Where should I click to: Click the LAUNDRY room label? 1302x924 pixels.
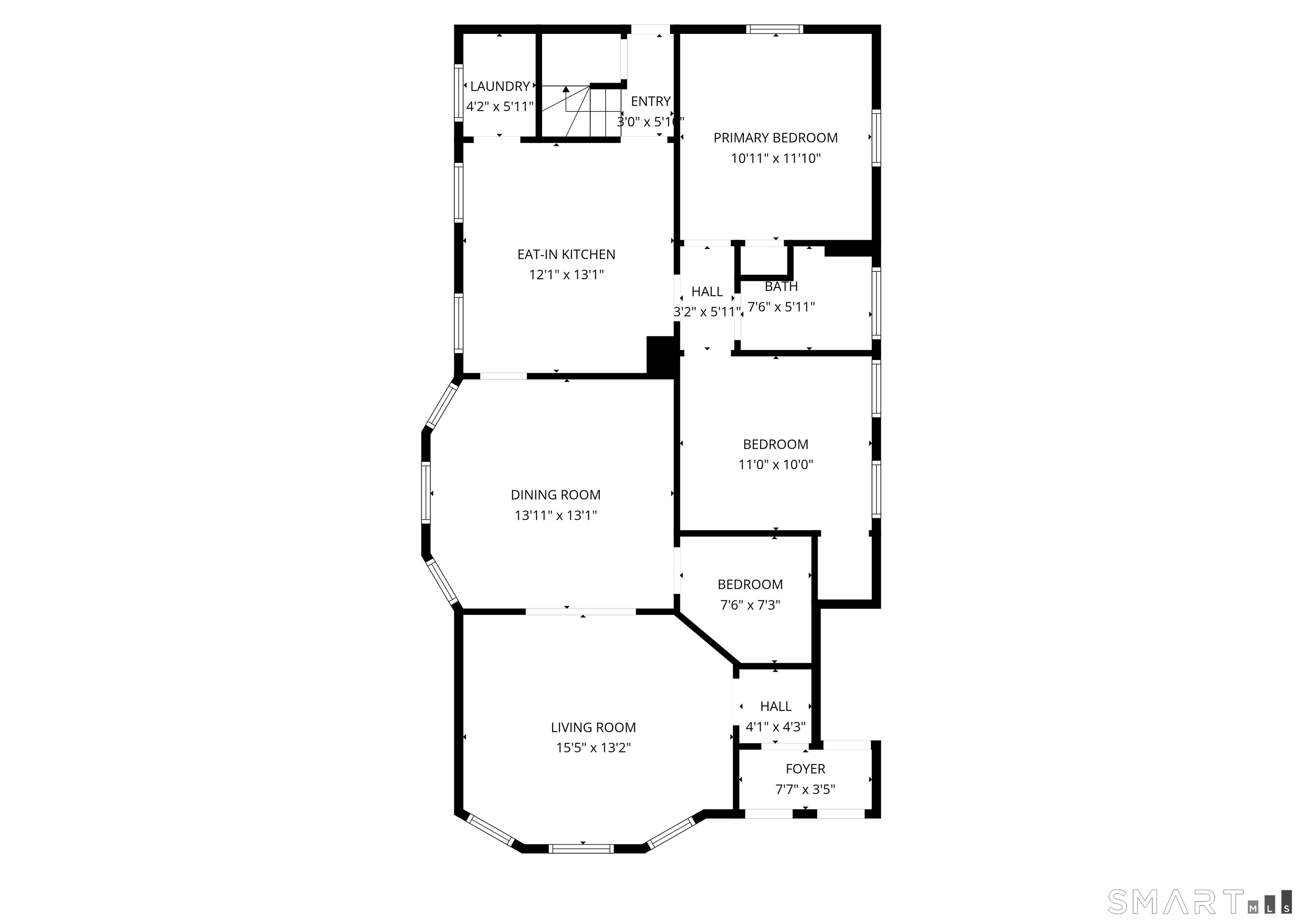(500, 87)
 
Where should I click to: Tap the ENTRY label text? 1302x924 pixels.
(651, 101)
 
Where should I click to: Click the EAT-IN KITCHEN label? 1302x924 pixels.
(566, 254)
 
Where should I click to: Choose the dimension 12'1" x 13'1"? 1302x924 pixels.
(566, 275)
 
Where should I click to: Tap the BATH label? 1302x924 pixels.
(781, 287)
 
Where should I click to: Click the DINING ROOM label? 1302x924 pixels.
(556, 495)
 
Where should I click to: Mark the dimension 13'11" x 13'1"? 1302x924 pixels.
(556, 516)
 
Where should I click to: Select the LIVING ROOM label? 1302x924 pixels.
(593, 727)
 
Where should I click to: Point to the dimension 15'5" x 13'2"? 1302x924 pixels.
(593, 748)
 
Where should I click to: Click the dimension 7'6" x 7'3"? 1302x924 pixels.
(750, 605)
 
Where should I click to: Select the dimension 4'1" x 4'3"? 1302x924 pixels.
(776, 726)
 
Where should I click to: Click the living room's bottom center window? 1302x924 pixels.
(581, 849)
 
